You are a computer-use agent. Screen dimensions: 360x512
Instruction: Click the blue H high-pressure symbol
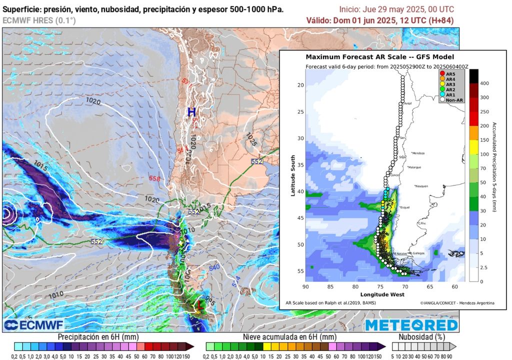(191, 112)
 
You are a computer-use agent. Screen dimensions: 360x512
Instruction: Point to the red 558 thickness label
(154, 178)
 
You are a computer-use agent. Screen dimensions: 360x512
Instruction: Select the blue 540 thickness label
(214, 267)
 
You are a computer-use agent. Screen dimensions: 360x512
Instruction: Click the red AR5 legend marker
(442, 73)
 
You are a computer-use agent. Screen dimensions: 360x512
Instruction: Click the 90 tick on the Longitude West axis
(306, 287)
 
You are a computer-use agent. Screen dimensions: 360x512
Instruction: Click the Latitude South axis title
(293, 175)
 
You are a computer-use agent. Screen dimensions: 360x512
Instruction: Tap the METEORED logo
(411, 325)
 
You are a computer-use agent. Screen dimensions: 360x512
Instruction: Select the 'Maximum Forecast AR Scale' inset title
(379, 57)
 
